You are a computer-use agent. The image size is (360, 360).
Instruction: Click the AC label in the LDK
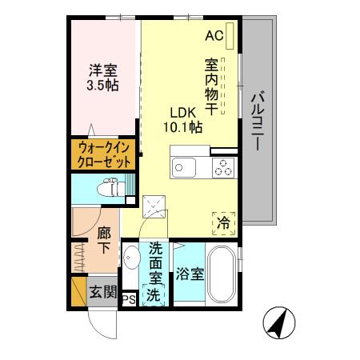214,35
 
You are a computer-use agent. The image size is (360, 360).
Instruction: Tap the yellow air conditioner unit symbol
230,35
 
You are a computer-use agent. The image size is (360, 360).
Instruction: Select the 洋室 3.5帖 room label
103,77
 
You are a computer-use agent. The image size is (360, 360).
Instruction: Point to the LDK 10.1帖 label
184,119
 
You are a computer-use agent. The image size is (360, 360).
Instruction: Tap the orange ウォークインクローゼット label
104,154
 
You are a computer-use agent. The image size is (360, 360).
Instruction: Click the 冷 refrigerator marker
225,222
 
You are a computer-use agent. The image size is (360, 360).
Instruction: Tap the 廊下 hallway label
104,240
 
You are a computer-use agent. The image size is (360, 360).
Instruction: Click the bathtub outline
223,273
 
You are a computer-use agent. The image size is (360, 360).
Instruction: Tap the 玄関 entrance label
102,291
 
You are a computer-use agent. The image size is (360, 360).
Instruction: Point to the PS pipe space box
129,300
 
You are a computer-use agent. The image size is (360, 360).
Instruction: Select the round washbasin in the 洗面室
130,258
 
